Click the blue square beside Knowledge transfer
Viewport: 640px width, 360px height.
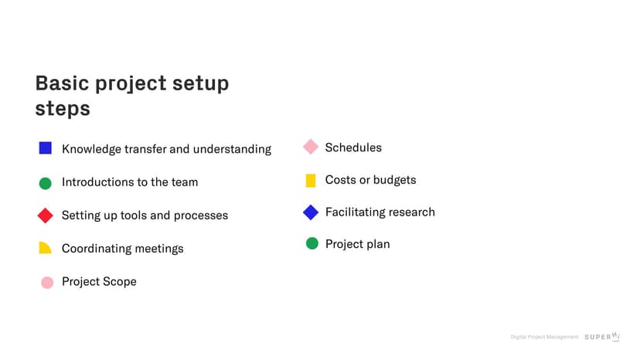click(x=46, y=148)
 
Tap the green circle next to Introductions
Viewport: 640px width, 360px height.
click(x=46, y=183)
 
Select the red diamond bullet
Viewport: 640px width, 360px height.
click(x=46, y=216)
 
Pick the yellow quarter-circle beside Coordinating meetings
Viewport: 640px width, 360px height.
click(x=45, y=247)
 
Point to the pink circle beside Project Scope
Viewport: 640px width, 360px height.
click(x=47, y=283)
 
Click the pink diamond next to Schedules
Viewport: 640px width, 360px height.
click(x=311, y=147)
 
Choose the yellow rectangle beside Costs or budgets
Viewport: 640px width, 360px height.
click(x=311, y=181)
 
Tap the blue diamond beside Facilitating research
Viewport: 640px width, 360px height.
click(x=311, y=212)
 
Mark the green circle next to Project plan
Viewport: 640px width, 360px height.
click(x=311, y=243)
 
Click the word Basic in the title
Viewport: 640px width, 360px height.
click(x=62, y=83)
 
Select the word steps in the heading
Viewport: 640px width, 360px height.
click(x=63, y=109)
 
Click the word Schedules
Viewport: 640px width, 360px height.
click(x=353, y=148)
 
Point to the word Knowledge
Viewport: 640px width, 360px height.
click(x=91, y=149)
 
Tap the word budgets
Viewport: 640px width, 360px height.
click(x=395, y=180)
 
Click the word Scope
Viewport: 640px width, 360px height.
click(x=120, y=282)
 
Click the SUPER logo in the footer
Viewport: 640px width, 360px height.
click(x=602, y=336)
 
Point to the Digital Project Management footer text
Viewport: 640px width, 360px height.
click(x=544, y=337)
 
